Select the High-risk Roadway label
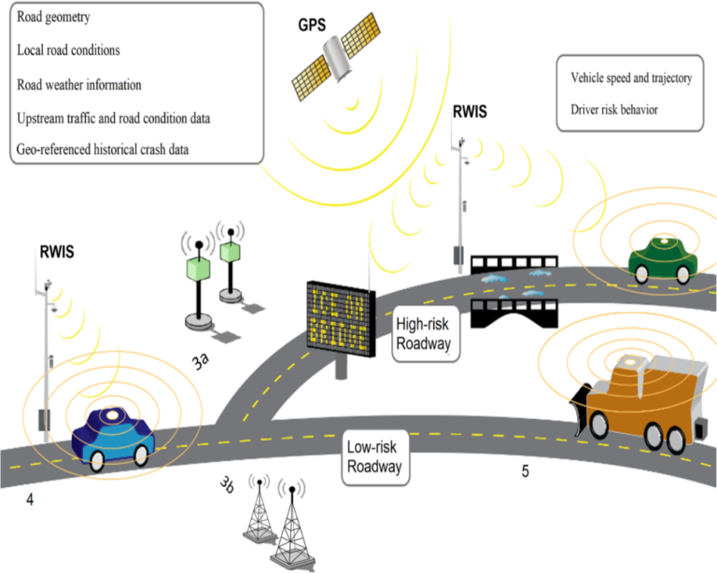click(424, 335)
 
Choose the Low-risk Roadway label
click(373, 455)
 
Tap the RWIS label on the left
click(57, 252)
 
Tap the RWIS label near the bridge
click(470, 113)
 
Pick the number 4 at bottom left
click(30, 501)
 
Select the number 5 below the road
click(525, 472)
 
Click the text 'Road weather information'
click(78, 84)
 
